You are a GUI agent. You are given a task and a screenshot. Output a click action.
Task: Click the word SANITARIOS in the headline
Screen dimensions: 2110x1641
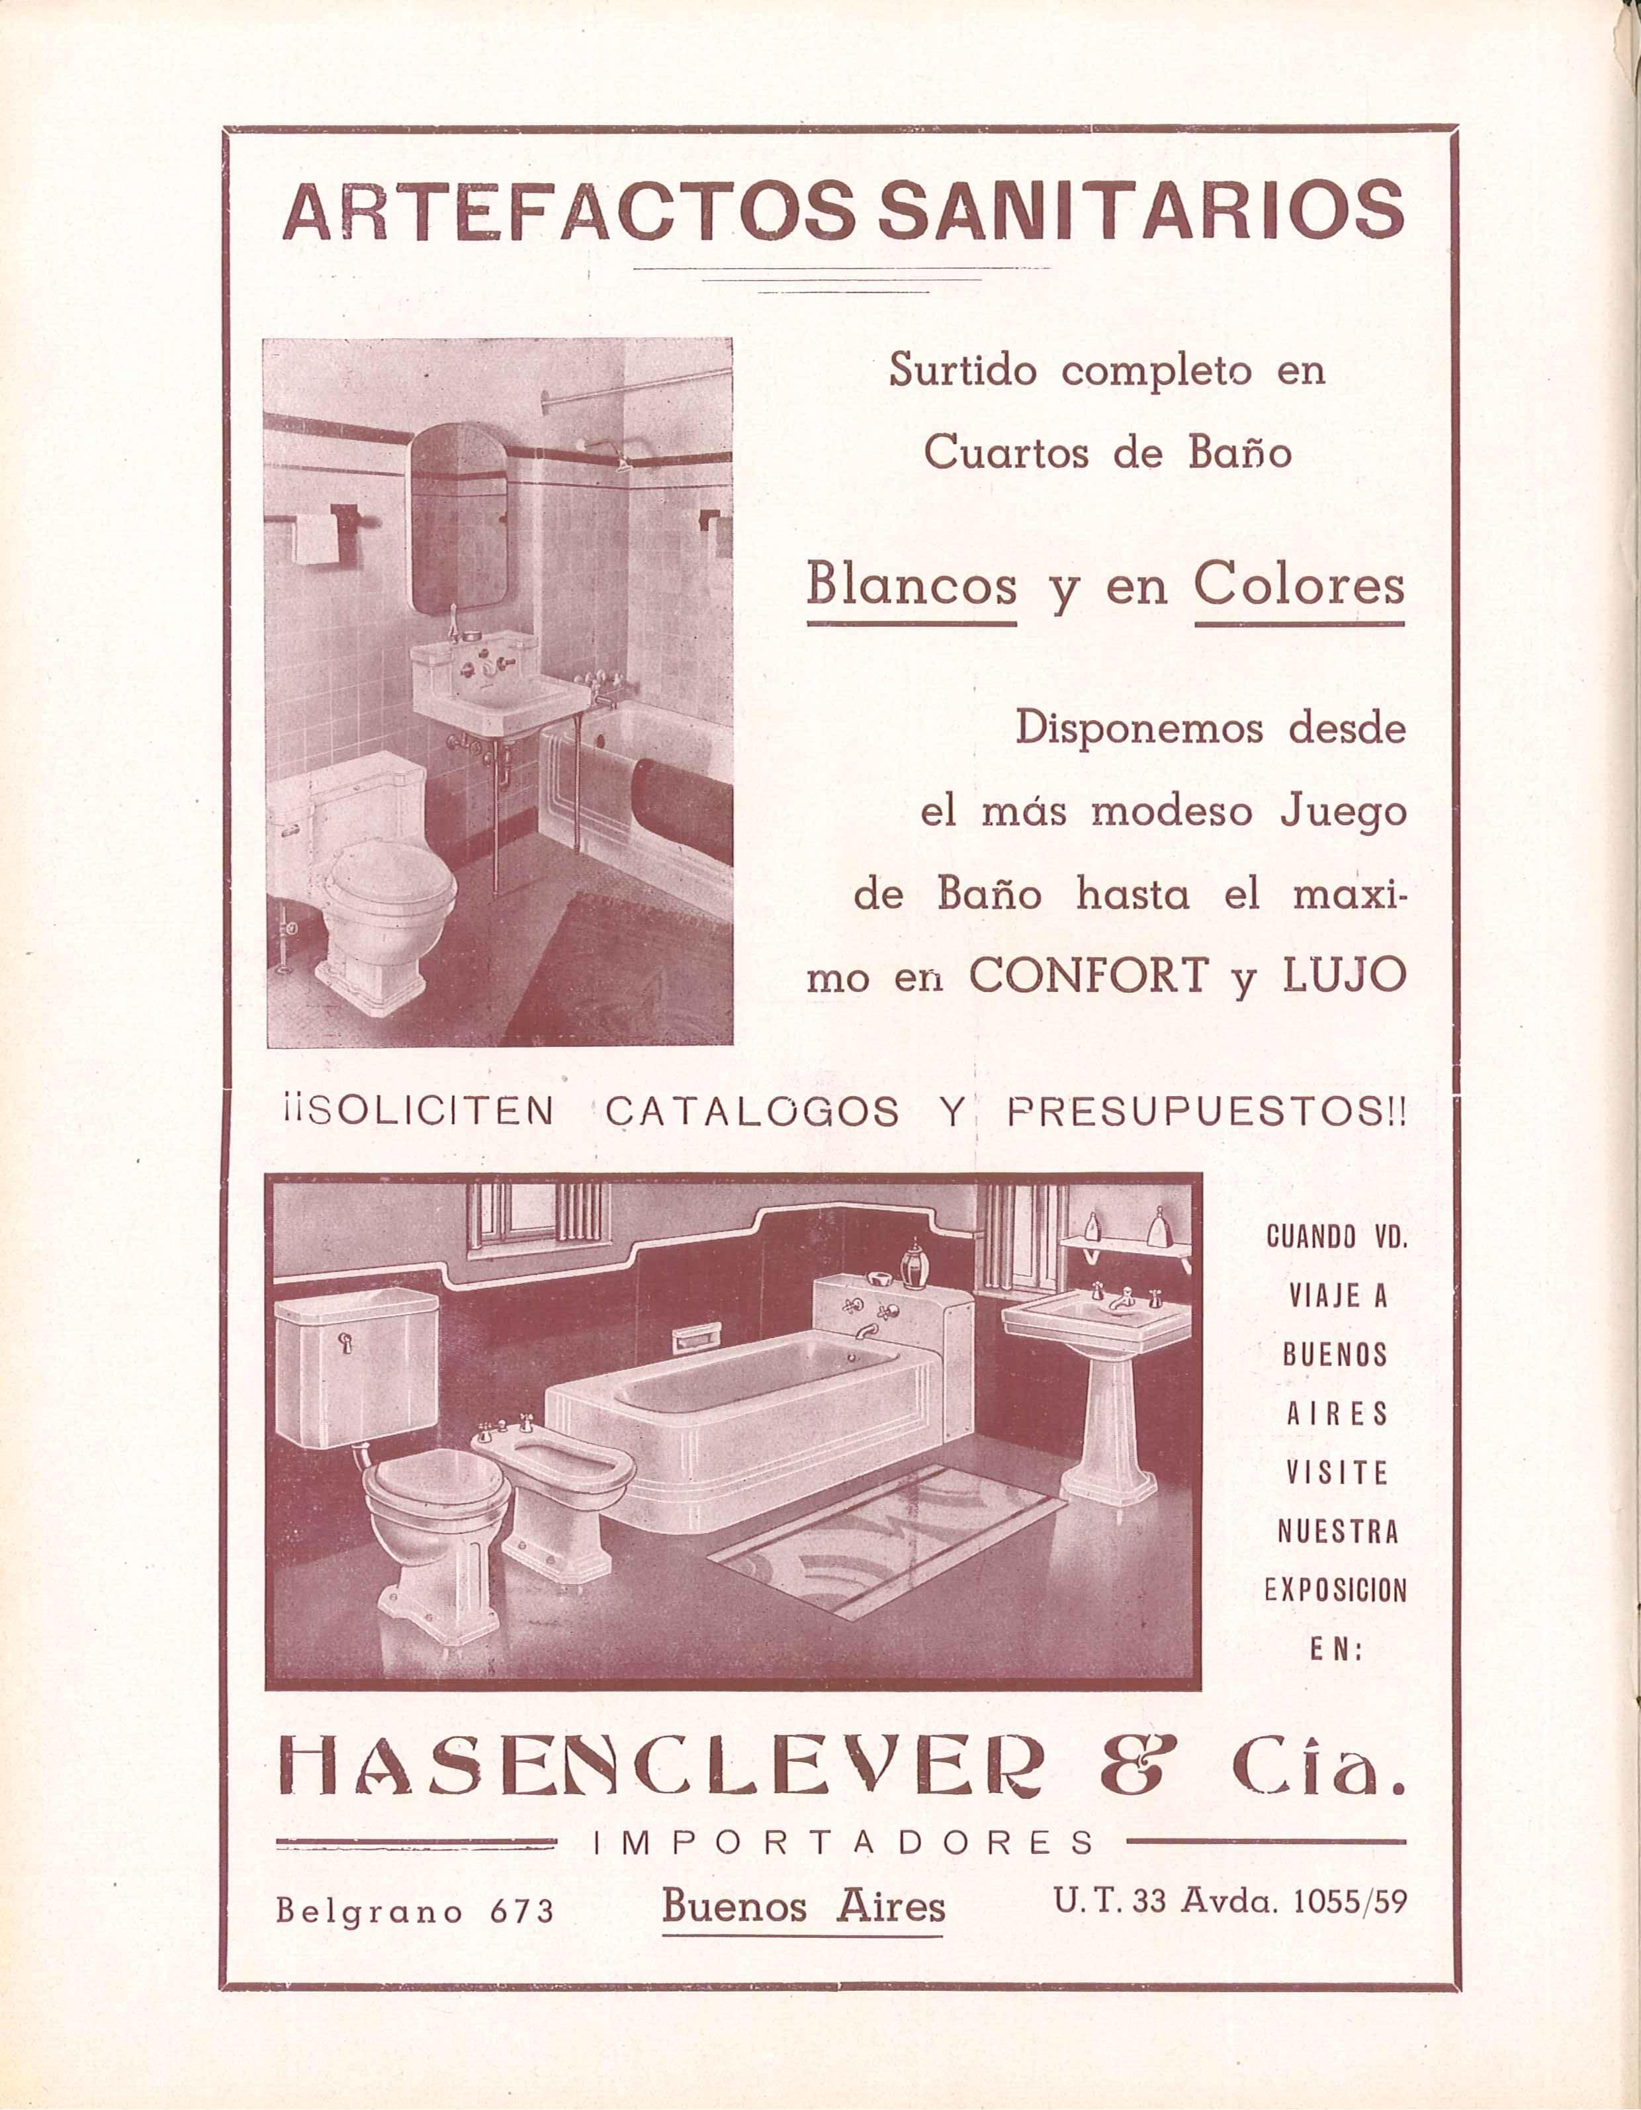point(1139,210)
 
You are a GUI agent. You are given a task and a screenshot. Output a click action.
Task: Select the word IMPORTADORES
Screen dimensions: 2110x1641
point(842,1843)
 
